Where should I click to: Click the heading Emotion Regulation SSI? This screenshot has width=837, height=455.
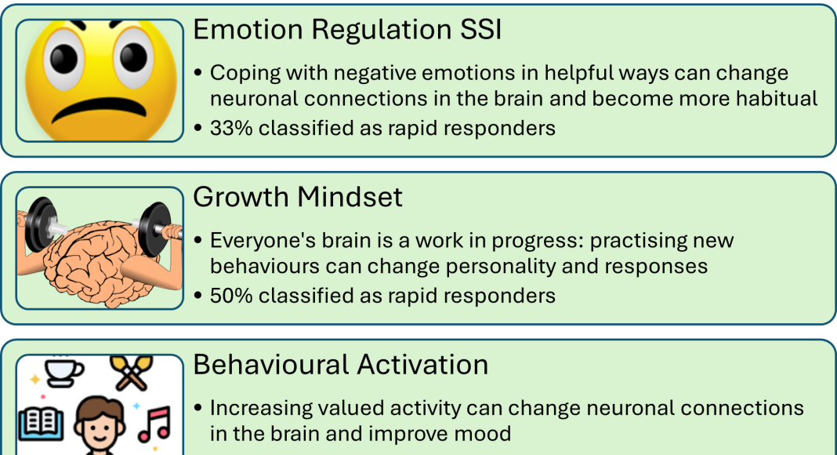coord(347,29)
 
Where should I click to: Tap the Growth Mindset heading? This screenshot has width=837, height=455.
coord(297,197)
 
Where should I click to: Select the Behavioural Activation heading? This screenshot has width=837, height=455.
coord(341,365)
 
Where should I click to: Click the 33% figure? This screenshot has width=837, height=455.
coord(231,128)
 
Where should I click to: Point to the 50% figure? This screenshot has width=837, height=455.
coord(231,296)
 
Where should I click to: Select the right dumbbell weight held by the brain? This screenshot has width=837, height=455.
coord(155,228)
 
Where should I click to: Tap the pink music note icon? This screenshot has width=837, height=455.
coord(155,424)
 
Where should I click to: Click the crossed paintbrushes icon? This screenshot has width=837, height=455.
coord(132,372)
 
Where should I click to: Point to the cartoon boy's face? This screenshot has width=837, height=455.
coord(100,424)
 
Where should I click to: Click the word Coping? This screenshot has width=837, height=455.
coord(245,73)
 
